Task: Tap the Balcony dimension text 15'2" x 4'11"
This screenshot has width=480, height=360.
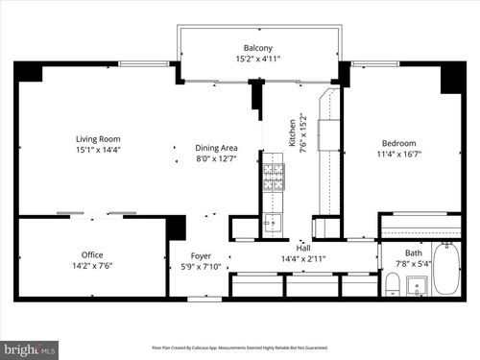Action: pos(257,59)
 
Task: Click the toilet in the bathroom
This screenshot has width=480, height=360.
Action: pos(392,282)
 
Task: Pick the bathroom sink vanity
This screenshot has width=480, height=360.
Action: pos(418,285)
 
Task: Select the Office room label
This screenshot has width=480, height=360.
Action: pos(92,254)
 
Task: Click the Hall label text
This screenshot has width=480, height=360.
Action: pos(303,248)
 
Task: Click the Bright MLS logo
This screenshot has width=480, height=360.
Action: pos(30,349)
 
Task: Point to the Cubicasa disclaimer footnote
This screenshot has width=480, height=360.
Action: pos(239,348)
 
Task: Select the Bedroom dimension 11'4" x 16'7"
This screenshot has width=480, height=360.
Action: pos(386,153)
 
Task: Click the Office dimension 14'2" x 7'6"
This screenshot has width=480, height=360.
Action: pos(92,266)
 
